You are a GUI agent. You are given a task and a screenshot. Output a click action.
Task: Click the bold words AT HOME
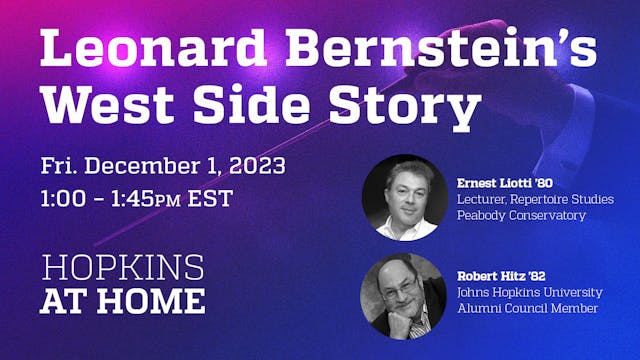(x=123, y=300)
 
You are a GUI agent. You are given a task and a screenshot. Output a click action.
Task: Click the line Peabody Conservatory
(x=521, y=216)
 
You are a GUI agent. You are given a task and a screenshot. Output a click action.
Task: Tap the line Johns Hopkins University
(x=530, y=293)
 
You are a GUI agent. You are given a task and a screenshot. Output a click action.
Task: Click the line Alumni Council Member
(x=527, y=309)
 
